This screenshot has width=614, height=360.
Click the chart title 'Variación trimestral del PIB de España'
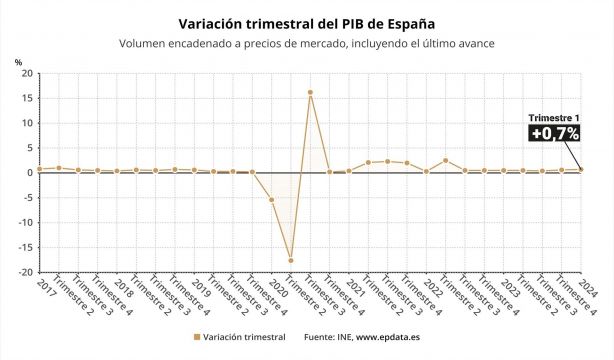[306, 22]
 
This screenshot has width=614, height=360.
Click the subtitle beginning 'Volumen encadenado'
[306, 43]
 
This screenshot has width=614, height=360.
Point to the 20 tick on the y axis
[27, 74]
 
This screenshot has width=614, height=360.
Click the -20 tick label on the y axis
[25, 272]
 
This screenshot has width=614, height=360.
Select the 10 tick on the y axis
[27, 123]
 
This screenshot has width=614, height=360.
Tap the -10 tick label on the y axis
[25, 222]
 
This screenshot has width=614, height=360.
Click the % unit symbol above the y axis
[19, 62]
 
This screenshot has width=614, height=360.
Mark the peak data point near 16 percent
[310, 92]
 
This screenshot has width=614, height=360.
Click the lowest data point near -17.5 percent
[291, 260]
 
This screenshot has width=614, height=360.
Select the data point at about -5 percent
[271, 199]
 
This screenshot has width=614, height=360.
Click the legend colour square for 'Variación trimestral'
[197, 338]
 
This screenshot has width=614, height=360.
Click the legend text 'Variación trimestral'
[246, 338]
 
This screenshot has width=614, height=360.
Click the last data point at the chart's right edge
[581, 169]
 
